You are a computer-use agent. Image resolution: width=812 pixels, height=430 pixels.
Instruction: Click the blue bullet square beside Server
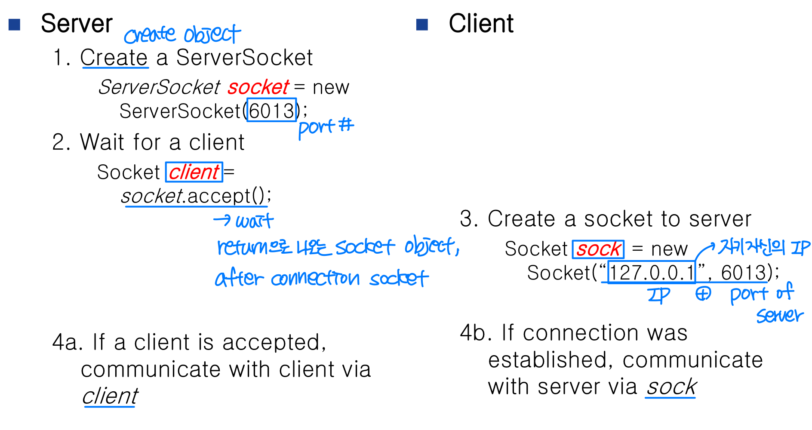(15, 25)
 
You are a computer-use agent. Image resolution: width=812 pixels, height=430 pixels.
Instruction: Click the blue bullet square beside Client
(422, 25)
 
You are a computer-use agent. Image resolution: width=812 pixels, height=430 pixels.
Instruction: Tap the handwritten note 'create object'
(182, 34)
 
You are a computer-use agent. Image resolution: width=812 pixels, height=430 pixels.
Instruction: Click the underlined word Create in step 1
(114, 58)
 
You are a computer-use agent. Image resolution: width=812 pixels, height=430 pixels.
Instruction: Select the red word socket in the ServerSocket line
(258, 87)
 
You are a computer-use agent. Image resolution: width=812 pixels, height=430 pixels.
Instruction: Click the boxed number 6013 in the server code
(271, 111)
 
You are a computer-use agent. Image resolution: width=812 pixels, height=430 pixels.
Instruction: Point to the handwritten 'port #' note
(326, 128)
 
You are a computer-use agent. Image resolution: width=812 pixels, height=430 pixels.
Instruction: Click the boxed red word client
(194, 172)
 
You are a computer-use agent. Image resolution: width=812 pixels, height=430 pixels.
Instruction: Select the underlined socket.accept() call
(196, 197)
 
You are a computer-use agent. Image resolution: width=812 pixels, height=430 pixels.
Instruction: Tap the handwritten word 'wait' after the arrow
(254, 221)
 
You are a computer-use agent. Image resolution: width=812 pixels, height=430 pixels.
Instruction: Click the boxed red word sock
(598, 249)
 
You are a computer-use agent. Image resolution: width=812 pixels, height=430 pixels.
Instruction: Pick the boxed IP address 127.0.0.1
(652, 273)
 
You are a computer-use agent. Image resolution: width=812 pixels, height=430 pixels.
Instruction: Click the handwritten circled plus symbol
(703, 294)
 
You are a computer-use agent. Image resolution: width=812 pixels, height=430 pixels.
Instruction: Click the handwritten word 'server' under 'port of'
(779, 316)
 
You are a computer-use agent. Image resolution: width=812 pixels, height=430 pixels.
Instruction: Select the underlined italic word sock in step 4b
(671, 387)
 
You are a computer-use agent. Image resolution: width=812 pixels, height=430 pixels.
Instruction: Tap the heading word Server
(77, 24)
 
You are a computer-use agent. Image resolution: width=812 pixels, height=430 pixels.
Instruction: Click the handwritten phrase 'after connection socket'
(322, 279)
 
